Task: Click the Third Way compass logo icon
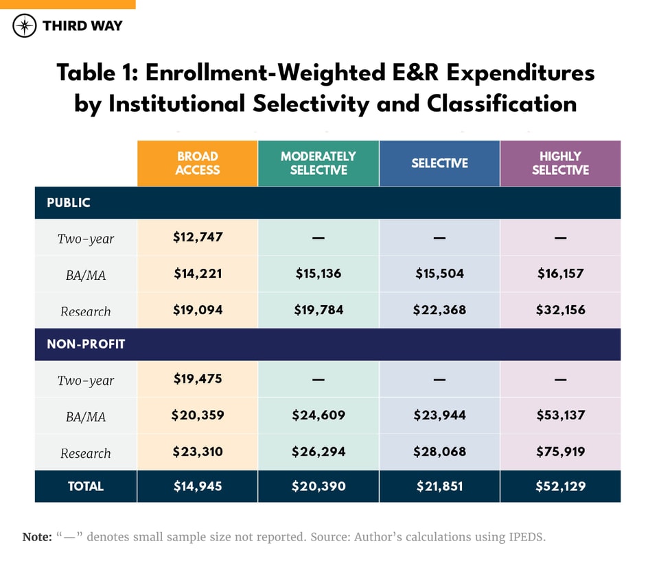(24, 26)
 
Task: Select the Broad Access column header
(198, 163)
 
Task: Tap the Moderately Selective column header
(319, 163)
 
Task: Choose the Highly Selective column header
(560, 163)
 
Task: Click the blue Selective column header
(439, 163)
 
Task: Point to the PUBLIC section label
(69, 203)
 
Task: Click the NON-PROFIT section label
(86, 344)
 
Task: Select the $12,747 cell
(198, 237)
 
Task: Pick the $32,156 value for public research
(560, 310)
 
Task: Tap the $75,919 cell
(560, 451)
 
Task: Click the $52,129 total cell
(560, 486)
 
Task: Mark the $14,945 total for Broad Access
(198, 486)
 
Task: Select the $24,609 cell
(319, 415)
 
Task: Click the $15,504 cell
(439, 274)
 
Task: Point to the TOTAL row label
(86, 486)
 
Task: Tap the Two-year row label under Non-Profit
(86, 381)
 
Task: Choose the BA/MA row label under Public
(86, 274)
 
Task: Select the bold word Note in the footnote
(36, 537)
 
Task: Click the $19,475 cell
(198, 379)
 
